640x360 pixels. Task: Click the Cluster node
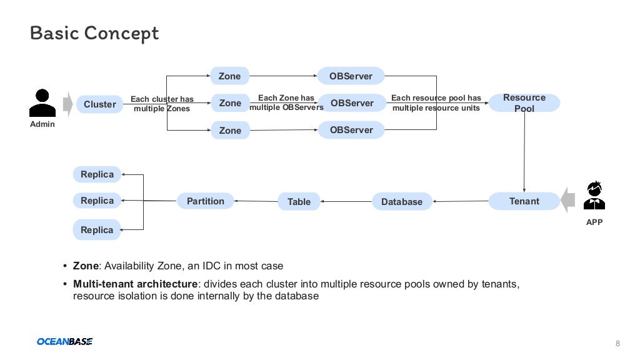pos(100,104)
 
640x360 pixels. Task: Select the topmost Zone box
pos(229,76)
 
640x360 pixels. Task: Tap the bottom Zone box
pos(229,130)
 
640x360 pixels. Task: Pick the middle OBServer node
pos(351,103)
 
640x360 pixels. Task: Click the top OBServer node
pos(351,76)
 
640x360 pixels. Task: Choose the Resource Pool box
pos(524,103)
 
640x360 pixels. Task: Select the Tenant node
pos(524,201)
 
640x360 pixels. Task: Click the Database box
pos(402,201)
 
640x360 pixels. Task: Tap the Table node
pos(299,201)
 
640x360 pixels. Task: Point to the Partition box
pos(205,201)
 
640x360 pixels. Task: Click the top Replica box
pos(97,174)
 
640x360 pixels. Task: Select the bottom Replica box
pos(97,229)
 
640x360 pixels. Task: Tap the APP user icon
pos(594,195)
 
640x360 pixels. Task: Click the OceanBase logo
pos(64,341)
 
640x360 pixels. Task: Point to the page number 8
pos(618,343)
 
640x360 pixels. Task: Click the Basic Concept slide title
pos(94,32)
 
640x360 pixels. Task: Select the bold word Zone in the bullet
pos(86,266)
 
